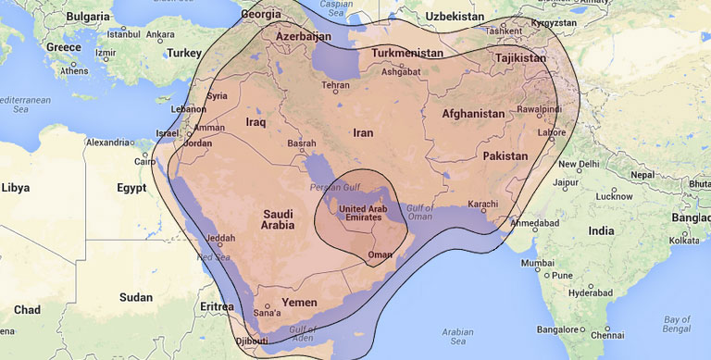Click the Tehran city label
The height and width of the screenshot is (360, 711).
click(335, 85)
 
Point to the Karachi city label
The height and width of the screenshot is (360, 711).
click(482, 204)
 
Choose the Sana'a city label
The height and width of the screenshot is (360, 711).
click(266, 314)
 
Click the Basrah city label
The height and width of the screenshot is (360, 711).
click(303, 144)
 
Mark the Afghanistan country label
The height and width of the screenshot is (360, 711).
click(473, 114)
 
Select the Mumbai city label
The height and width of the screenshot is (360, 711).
click(537, 264)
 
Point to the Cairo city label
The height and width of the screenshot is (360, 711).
click(142, 162)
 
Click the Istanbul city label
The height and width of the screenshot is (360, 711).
click(122, 35)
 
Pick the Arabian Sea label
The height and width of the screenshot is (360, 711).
click(457, 334)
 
